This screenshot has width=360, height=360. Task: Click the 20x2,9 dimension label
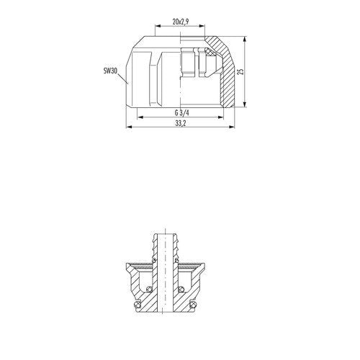[181, 22]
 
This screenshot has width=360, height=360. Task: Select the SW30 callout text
[110, 71]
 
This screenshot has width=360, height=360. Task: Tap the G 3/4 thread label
[181, 112]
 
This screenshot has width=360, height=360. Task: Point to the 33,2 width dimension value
[181, 123]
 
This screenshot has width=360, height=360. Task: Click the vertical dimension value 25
[240, 71]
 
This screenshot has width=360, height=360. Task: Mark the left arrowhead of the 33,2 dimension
[129, 127]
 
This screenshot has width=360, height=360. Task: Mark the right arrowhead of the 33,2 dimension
[232, 127]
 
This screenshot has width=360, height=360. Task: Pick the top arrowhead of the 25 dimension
[245, 40]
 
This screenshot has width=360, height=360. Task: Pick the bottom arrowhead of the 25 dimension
[245, 104]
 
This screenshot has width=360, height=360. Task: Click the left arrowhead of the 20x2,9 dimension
[158, 26]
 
